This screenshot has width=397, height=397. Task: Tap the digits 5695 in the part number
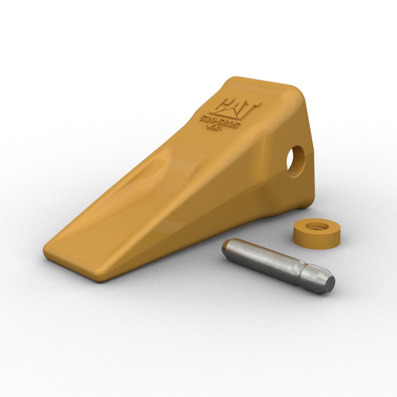pyautogui.click(x=229, y=123)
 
